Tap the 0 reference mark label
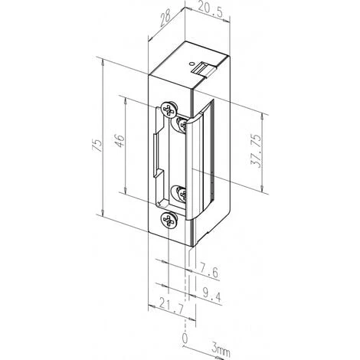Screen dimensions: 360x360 pos(185,336)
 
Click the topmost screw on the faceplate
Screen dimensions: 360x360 pos(170,110)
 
